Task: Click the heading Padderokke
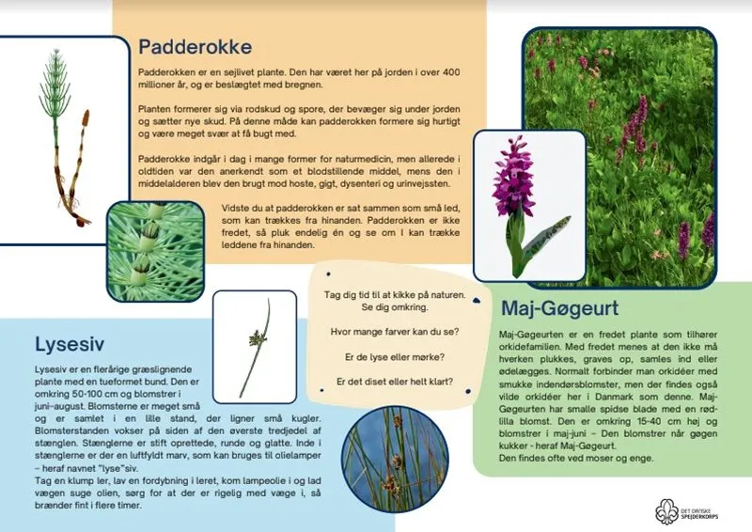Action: coord(195,47)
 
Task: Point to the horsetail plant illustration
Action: coord(61,132)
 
